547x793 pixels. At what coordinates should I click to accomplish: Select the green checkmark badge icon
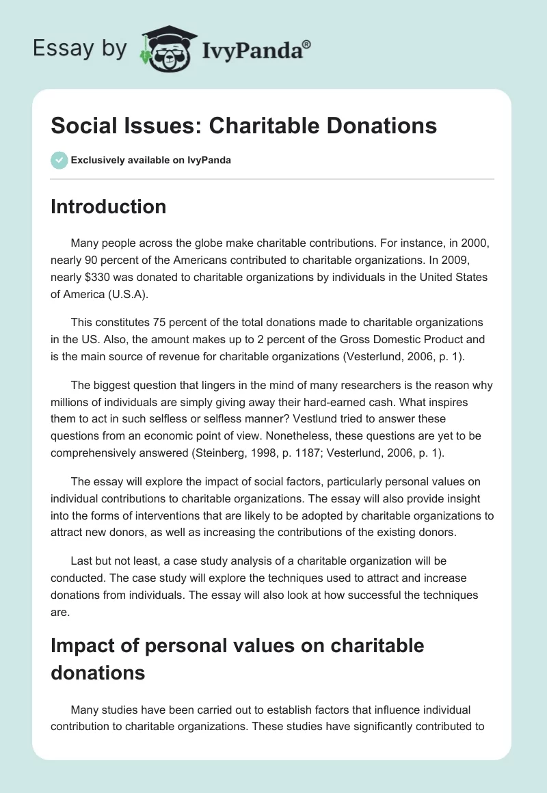pos(59,160)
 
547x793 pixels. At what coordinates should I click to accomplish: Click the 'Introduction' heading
pos(108,206)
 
